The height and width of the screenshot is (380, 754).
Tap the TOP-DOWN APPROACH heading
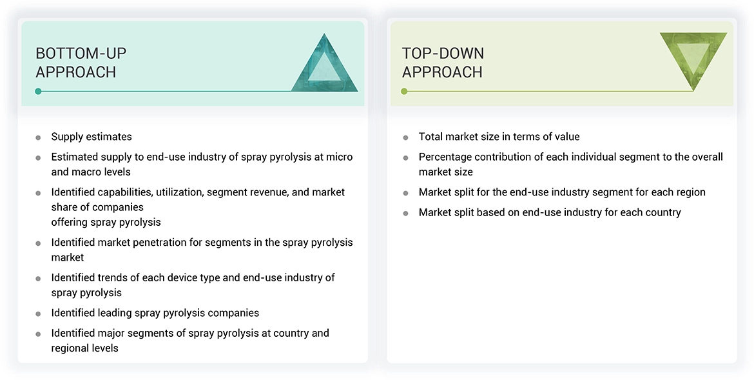(443, 63)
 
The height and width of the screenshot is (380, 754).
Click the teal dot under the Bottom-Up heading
(39, 91)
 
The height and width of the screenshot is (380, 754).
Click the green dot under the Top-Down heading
(405, 91)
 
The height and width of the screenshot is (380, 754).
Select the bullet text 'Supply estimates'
(92, 137)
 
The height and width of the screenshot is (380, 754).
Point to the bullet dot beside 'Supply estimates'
(39, 137)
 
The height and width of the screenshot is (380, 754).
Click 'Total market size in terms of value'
(499, 137)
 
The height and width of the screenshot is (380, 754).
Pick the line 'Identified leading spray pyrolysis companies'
(155, 313)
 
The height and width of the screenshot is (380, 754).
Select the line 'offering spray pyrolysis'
(106, 222)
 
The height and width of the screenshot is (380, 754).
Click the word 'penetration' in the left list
(162, 243)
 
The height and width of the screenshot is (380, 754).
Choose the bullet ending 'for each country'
(550, 212)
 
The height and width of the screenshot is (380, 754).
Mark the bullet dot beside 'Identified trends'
(39, 278)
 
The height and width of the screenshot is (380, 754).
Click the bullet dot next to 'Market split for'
(405, 193)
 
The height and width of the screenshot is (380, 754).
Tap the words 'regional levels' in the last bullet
(85, 348)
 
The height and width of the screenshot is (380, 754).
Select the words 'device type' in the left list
(193, 277)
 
